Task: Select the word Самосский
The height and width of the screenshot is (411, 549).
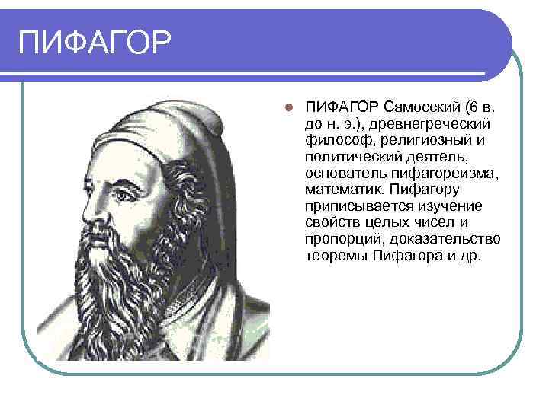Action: tap(420, 107)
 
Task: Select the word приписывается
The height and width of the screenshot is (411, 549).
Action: tap(354, 207)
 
